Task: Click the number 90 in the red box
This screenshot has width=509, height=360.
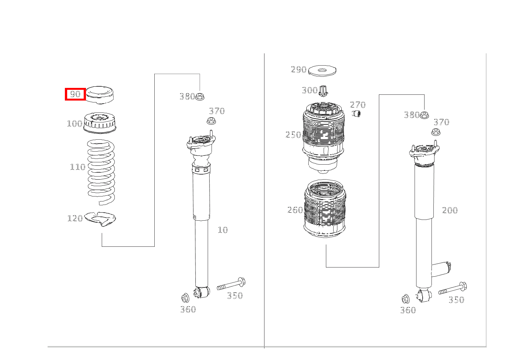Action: [75, 94]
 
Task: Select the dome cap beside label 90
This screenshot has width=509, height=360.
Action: [100, 95]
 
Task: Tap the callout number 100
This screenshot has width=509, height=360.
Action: [74, 124]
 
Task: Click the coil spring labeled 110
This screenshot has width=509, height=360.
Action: [101, 172]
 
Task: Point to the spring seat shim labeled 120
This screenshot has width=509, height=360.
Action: [100, 219]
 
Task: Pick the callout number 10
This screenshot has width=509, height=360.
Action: [223, 230]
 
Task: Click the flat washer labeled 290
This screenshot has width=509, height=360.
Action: [322, 71]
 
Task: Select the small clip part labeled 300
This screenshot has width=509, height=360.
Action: [323, 91]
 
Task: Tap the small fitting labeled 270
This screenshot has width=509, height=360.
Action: [357, 113]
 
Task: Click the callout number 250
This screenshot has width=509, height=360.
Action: [293, 135]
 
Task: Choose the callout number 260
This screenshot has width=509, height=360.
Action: [295, 210]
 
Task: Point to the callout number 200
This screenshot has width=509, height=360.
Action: [450, 210]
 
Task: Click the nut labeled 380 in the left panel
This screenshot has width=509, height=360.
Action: [200, 97]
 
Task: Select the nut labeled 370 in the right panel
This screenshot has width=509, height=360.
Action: [436, 132]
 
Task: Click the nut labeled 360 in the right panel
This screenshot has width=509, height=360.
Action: [406, 299]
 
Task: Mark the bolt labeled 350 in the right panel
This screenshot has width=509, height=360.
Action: [453, 288]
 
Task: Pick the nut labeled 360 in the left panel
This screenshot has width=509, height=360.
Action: [185, 298]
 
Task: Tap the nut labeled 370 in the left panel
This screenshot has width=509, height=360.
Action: [211, 121]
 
